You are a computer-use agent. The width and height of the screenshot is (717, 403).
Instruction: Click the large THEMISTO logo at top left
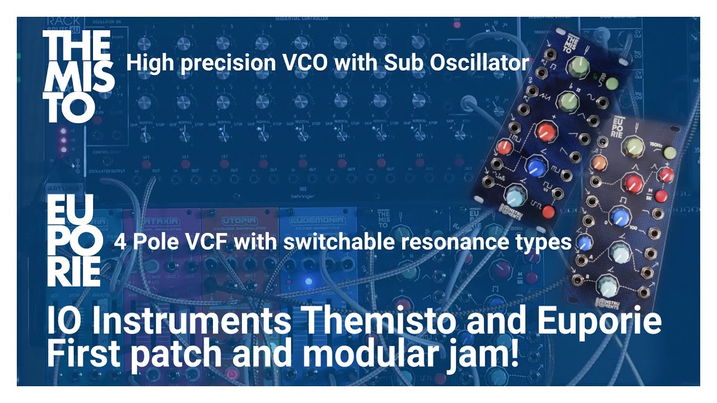(78, 77)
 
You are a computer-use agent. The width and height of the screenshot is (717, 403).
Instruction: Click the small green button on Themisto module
(612, 84)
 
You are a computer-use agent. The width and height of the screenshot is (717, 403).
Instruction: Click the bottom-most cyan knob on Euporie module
(606, 287)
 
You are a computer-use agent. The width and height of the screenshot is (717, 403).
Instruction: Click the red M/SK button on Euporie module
(660, 196)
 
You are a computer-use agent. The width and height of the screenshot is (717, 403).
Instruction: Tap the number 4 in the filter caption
(120, 242)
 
